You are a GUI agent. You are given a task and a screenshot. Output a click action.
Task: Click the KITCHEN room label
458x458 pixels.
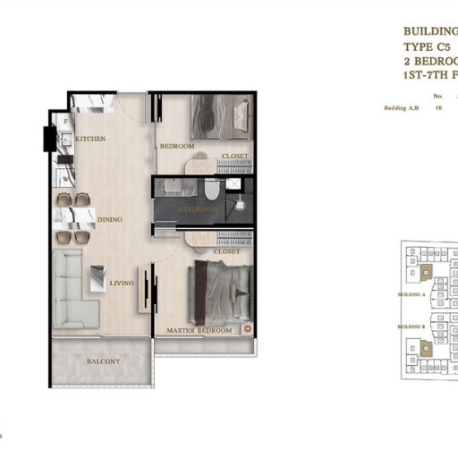click(91, 139)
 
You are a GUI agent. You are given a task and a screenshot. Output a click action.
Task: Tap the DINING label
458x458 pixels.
click(110, 219)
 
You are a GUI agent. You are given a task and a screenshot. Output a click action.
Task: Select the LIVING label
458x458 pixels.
click(121, 284)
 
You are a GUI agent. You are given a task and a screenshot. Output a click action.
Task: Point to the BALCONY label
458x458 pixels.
click(103, 361)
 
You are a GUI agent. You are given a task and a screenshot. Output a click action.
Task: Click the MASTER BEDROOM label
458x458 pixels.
click(199, 331)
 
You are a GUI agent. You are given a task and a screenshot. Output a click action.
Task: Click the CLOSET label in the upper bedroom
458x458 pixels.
click(234, 156)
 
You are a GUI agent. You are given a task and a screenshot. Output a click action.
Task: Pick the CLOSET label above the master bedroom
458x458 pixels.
click(227, 252)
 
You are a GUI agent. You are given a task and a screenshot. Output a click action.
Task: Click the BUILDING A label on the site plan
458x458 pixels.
click(411, 293)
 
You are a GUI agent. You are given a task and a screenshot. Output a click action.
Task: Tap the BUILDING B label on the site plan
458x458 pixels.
click(411, 327)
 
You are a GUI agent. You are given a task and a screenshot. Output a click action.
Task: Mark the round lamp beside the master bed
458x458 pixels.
click(248, 327)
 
